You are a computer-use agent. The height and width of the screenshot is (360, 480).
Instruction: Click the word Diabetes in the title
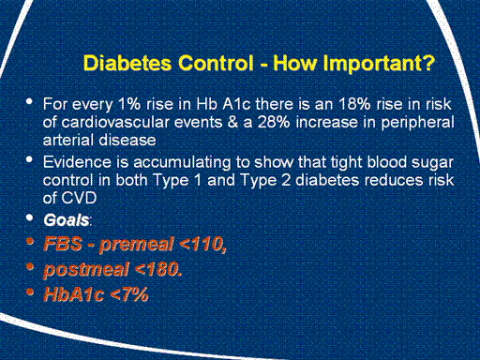(x=127, y=63)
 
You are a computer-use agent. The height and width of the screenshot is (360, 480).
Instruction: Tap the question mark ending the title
(x=428, y=63)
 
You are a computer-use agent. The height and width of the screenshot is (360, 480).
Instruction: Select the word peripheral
(x=417, y=124)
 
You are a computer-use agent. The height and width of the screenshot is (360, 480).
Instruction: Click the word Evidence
(x=77, y=162)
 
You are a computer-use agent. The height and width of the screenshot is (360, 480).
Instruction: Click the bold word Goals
(x=67, y=220)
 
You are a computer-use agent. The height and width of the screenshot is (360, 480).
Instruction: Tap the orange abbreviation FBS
(x=63, y=244)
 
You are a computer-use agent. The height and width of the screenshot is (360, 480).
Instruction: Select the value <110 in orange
(x=200, y=244)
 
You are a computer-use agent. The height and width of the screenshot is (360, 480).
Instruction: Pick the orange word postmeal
(x=86, y=270)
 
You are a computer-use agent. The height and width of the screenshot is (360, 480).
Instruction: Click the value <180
(x=157, y=269)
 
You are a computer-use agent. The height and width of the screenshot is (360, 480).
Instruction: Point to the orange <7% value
(x=129, y=294)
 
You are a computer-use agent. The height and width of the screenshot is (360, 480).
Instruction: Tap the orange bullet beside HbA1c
(x=30, y=292)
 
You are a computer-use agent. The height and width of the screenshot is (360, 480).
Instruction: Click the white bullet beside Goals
(x=30, y=217)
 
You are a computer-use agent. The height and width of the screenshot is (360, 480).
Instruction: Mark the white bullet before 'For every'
(x=30, y=101)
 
